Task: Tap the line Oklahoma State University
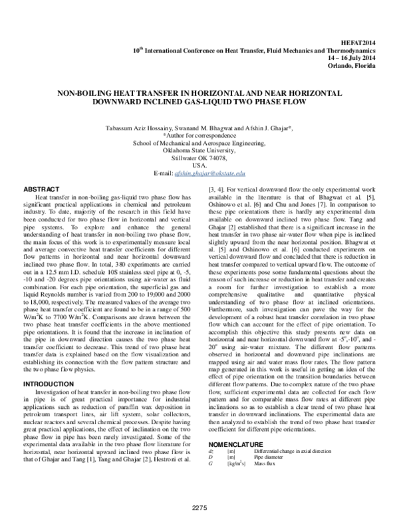click(x=199, y=150)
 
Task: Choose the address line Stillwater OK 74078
click(x=199, y=158)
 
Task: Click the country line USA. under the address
click(x=199, y=166)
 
